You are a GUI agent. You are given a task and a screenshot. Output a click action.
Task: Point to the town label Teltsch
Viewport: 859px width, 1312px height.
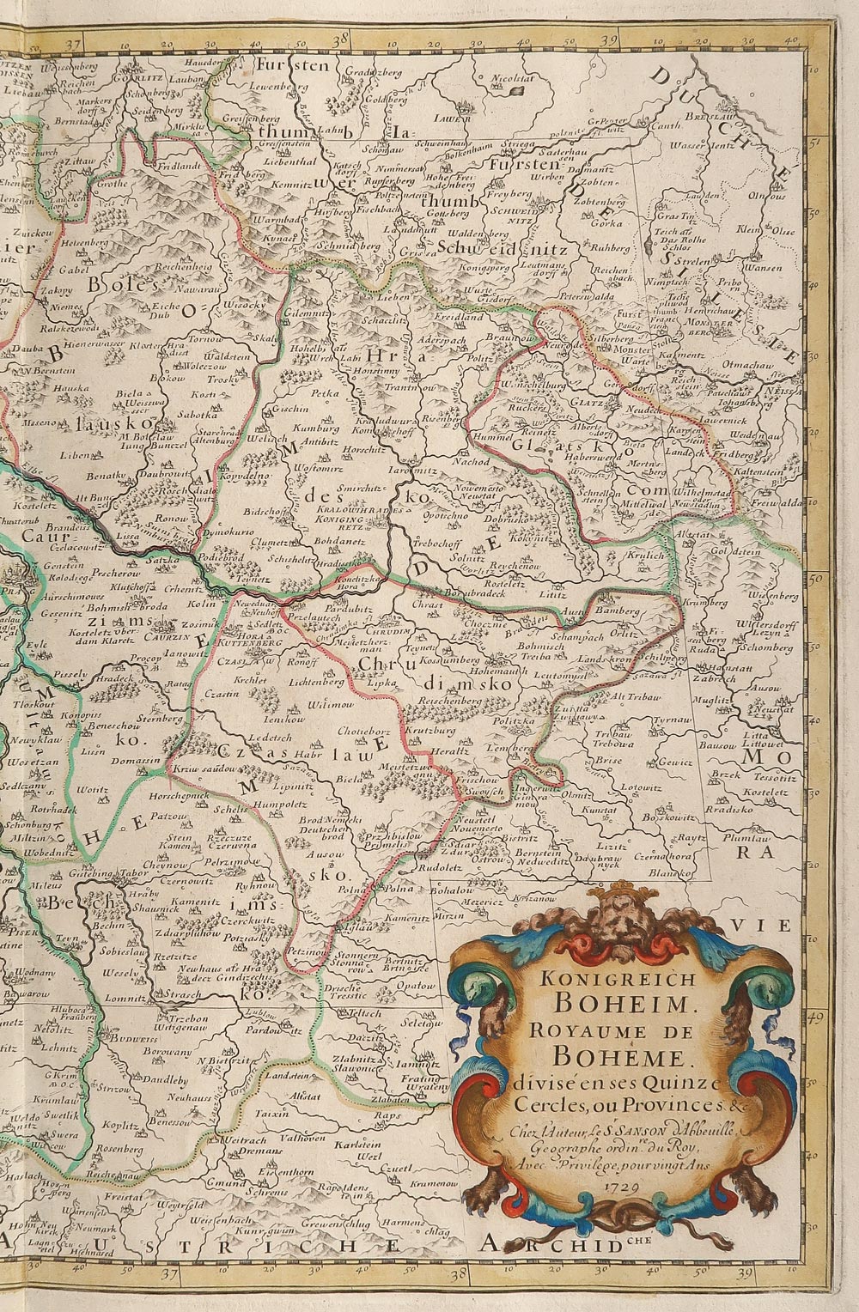point(364,1013)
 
